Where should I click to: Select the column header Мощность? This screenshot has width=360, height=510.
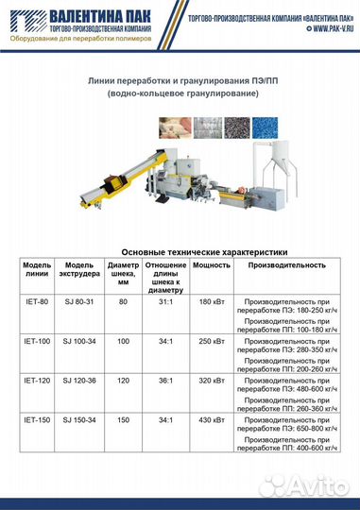pos(212,265)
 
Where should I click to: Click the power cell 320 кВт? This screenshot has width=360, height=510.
pos(212,380)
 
